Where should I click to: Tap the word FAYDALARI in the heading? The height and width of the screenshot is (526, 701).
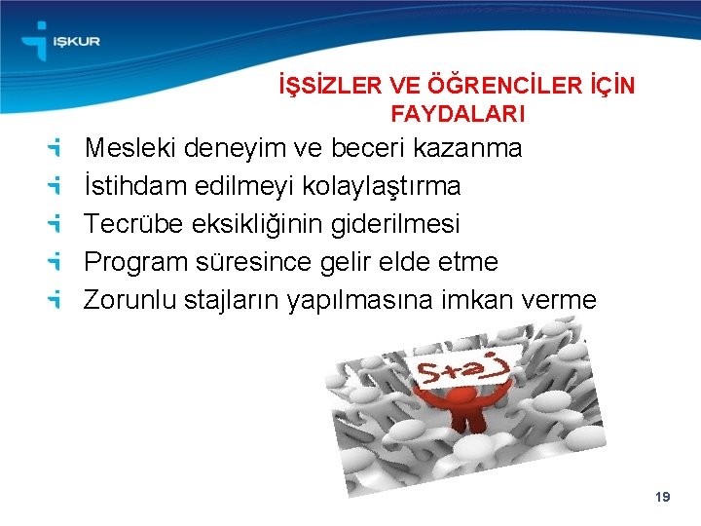point(458,114)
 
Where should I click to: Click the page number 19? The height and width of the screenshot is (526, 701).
point(663,498)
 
